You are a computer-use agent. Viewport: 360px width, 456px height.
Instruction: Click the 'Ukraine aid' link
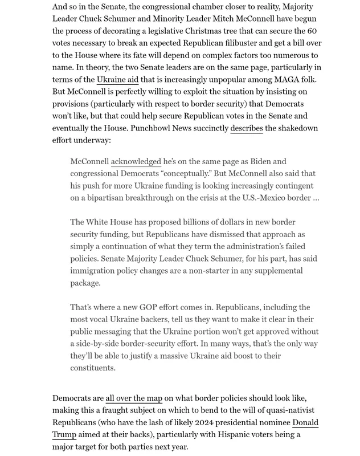117,79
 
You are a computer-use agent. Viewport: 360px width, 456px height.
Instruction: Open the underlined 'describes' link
246,128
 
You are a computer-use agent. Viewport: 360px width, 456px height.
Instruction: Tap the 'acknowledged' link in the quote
136,161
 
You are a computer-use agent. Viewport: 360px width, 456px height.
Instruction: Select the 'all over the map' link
134,398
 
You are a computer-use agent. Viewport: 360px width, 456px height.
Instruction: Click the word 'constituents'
93,368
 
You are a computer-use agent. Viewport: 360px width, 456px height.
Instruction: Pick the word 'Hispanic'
222,434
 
